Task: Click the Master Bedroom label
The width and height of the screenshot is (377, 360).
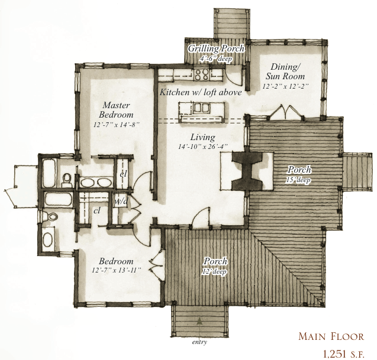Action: click(113, 109)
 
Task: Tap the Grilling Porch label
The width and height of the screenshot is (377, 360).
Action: click(216, 48)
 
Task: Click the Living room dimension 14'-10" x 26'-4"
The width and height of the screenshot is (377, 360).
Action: click(203, 146)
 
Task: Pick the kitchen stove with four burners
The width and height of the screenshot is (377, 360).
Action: click(201, 74)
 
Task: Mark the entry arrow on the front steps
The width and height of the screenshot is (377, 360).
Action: click(200, 323)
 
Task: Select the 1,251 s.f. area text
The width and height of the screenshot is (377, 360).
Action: click(342, 353)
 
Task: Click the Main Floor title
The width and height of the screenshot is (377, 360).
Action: click(331, 336)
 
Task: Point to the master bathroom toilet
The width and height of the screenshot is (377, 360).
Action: click(68, 178)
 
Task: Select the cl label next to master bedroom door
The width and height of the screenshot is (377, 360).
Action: click(124, 174)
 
